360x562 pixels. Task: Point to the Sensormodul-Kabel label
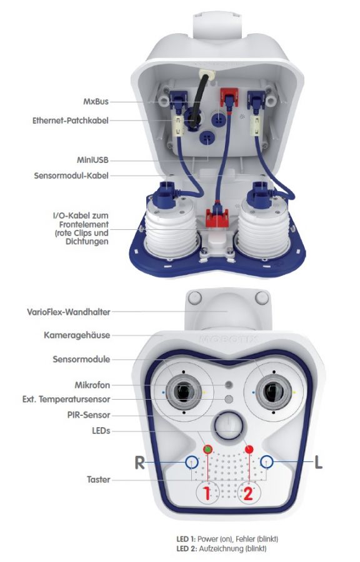point(72,176)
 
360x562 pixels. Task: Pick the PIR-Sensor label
point(89,414)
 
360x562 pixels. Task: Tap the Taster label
point(97,480)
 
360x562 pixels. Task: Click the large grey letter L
point(318,463)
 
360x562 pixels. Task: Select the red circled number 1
point(207,494)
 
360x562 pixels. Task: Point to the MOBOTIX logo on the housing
point(227,342)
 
